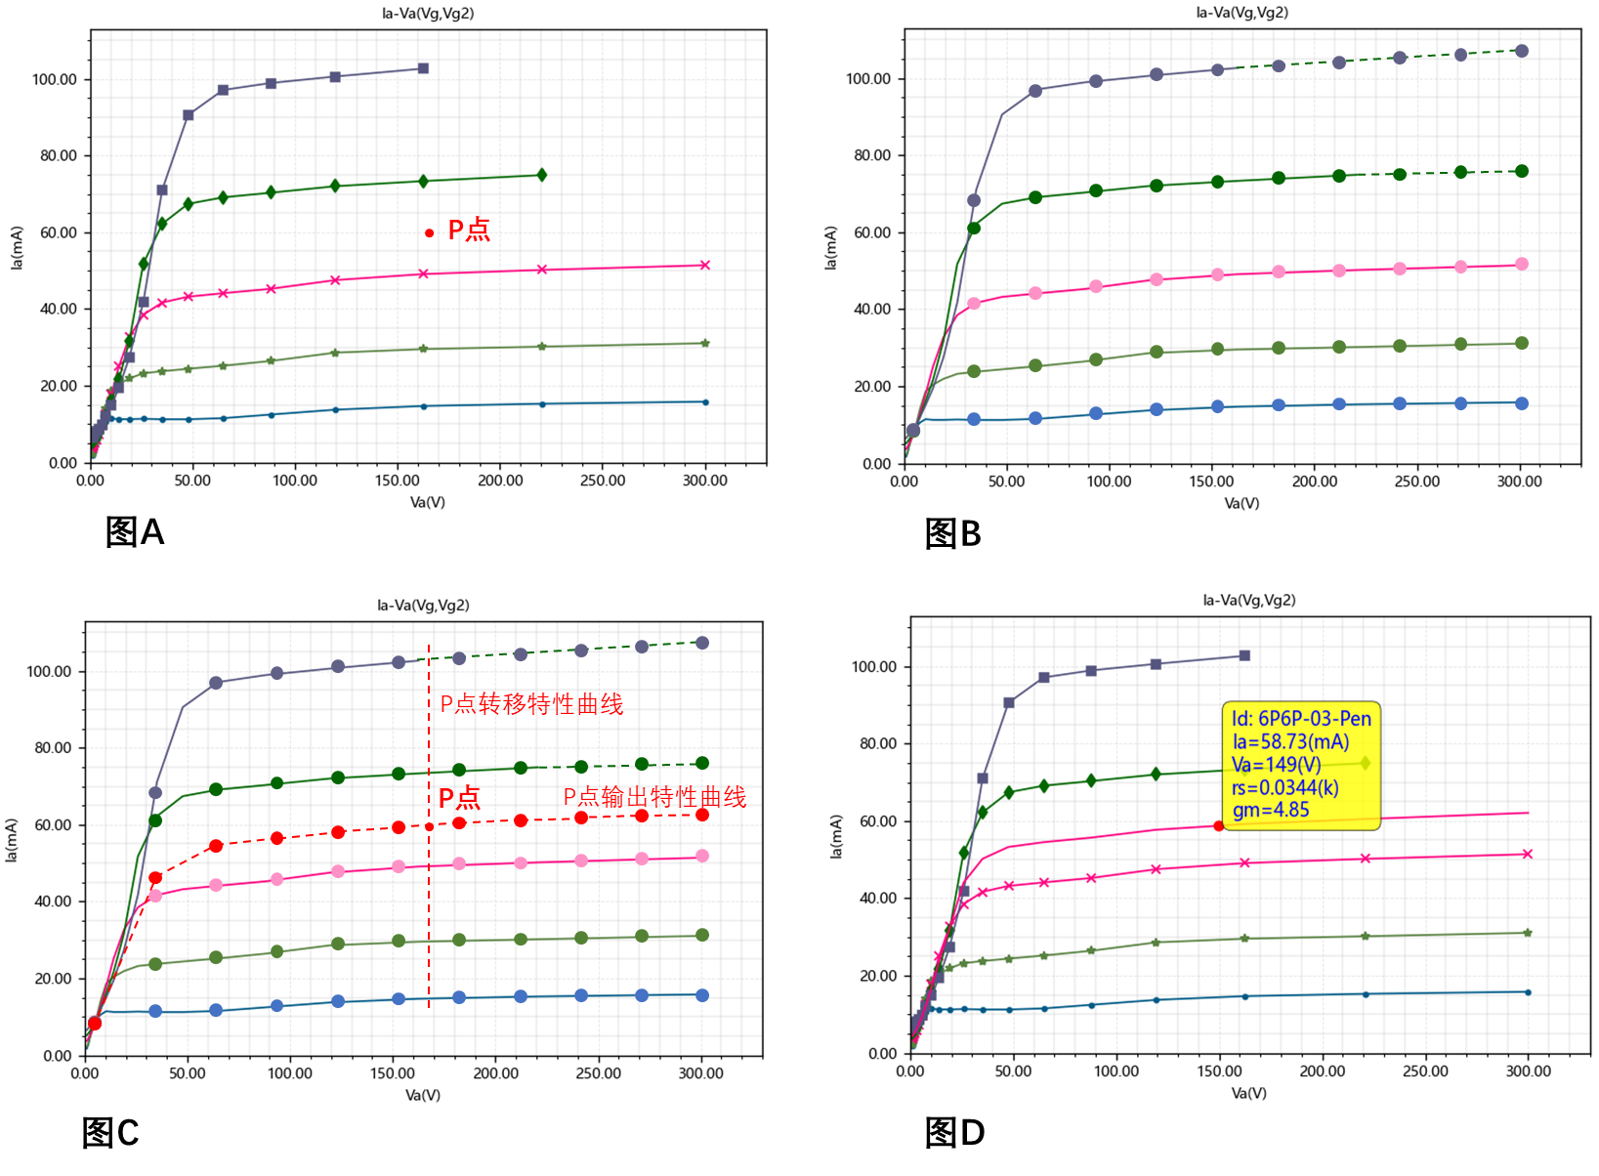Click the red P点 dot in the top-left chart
pos(429,232)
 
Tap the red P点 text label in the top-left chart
pos(469,230)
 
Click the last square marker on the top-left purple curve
pos(423,68)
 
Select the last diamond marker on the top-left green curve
pos(542,175)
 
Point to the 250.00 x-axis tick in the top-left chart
pos(603,481)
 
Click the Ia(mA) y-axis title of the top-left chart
pos(17,248)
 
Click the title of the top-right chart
pos(1241,13)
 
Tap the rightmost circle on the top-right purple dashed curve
pos(1522,51)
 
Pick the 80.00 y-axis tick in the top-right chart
pos(868,155)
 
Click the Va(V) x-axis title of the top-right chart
pos(1241,503)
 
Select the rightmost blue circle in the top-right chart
pos(1522,403)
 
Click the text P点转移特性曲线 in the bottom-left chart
pos(531,704)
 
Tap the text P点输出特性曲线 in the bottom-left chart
pos(654,797)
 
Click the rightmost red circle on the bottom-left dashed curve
pos(702,815)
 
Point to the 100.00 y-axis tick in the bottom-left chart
pos(49,672)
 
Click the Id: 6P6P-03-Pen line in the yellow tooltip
pos(1301,719)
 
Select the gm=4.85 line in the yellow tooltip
pos(1271,810)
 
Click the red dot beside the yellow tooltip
pos(1218,826)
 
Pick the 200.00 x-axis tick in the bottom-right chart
pos(1322,1071)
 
